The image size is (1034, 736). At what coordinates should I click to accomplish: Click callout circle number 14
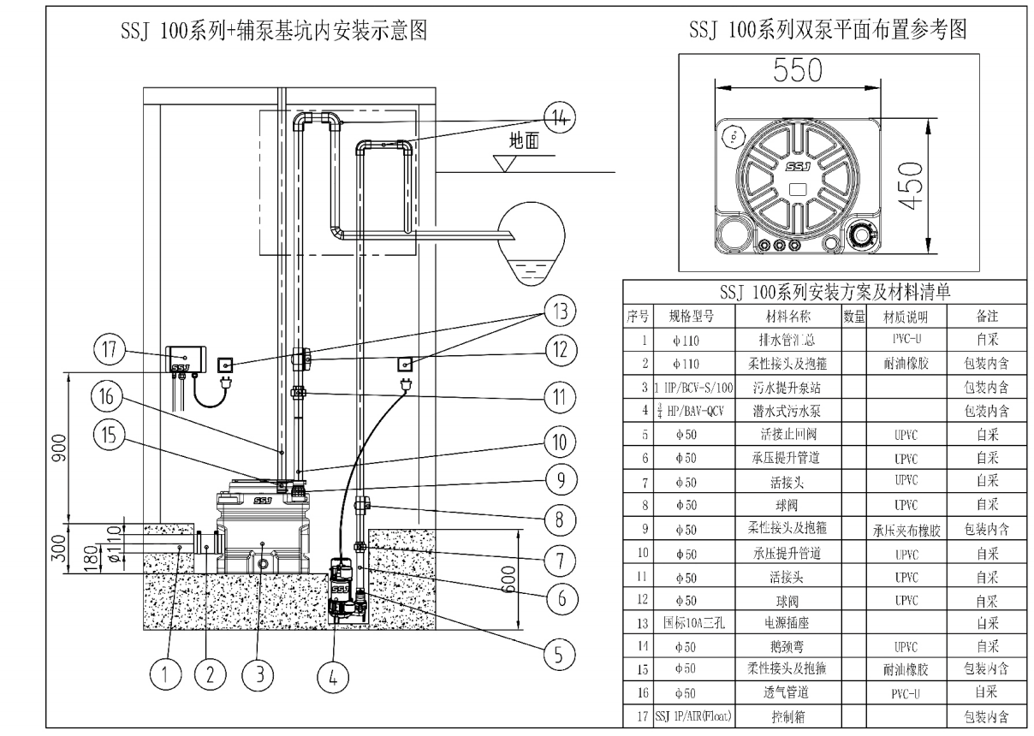[558, 118]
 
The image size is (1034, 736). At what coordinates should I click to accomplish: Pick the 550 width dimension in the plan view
[796, 71]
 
